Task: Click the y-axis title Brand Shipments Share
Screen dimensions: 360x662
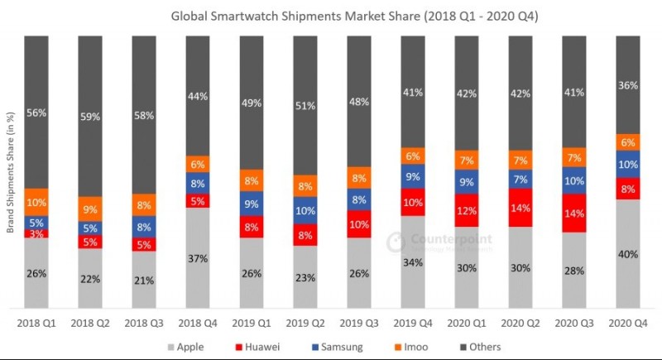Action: pyautogui.click(x=12, y=173)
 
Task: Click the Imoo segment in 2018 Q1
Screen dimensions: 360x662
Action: pyautogui.click(x=37, y=202)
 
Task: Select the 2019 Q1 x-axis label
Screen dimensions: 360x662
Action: pyautogui.click(x=251, y=323)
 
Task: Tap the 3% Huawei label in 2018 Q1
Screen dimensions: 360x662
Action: pyautogui.click(x=37, y=234)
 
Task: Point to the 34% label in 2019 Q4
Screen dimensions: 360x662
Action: pyautogui.click(x=412, y=263)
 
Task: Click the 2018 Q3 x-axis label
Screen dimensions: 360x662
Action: pyautogui.click(x=144, y=323)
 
